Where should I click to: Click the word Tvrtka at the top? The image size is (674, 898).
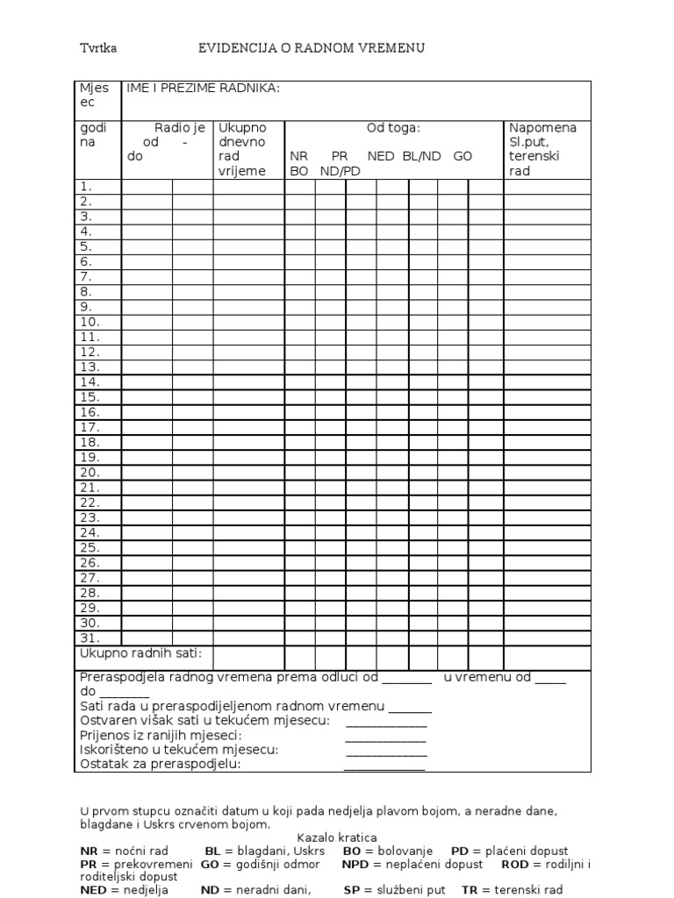(98, 48)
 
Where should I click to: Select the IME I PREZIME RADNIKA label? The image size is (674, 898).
(204, 89)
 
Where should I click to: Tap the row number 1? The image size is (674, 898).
(86, 187)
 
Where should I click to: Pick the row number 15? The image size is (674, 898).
(90, 397)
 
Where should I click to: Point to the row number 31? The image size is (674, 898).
(90, 638)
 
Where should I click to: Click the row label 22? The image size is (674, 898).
(90, 502)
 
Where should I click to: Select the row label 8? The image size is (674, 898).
(86, 292)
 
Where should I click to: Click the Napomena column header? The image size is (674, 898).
(543, 128)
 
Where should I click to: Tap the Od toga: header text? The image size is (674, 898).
(393, 128)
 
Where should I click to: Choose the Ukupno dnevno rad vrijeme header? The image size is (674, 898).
(242, 149)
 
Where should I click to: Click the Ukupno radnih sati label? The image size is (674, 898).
(141, 653)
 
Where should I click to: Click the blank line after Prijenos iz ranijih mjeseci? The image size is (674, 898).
(386, 737)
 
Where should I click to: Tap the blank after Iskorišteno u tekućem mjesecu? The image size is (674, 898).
(386, 751)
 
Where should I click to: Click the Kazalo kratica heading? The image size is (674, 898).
(336, 838)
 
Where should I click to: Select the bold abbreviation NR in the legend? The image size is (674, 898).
(88, 852)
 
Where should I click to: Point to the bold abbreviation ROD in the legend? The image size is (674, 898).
(514, 865)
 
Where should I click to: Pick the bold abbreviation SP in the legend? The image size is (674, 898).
(351, 890)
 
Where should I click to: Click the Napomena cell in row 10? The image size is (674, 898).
(547, 323)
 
